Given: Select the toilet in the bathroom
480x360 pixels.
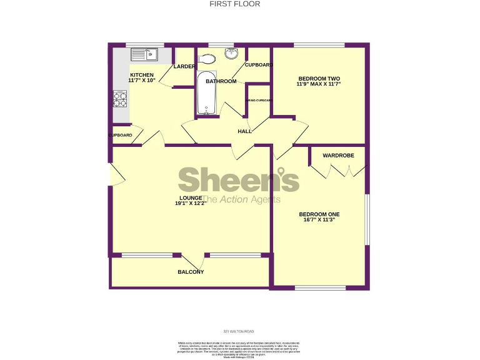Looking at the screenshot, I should pyautogui.click(x=209, y=59).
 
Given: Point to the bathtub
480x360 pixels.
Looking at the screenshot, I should pyautogui.click(x=206, y=94).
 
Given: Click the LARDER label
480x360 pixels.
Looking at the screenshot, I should pyautogui.click(x=184, y=66).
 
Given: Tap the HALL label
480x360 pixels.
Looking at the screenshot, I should pyautogui.click(x=244, y=131).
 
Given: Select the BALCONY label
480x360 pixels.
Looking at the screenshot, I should pyautogui.click(x=191, y=272).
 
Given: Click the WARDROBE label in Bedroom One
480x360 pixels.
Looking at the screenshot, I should pyautogui.click(x=338, y=155).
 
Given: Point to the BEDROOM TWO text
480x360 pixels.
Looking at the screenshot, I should pyautogui.click(x=319, y=78).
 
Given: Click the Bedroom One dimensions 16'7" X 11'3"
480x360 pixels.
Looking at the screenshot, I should pyautogui.click(x=319, y=219).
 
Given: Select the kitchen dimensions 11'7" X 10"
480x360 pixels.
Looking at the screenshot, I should pyautogui.click(x=142, y=80).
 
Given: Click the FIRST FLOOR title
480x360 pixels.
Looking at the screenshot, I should pyautogui.click(x=239, y=4).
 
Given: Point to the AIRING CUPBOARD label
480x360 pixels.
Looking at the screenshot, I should pyautogui.click(x=258, y=100).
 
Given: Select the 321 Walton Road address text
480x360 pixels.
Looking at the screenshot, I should pyautogui.click(x=239, y=331).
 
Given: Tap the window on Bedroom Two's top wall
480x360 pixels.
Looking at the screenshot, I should pyautogui.click(x=318, y=45).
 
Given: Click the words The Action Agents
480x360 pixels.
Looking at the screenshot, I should pyautogui.click(x=241, y=199).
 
